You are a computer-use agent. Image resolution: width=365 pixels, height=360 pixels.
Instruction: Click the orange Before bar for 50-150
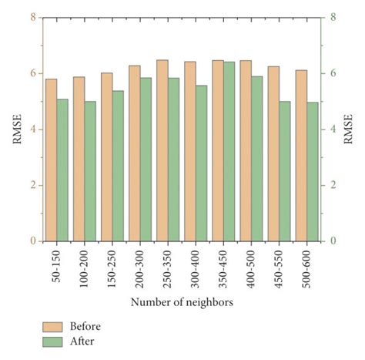point(51,160)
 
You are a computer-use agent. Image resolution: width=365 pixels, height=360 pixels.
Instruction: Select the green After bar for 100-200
point(90,171)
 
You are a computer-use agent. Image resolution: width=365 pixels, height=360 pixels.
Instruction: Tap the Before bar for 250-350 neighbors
point(162,150)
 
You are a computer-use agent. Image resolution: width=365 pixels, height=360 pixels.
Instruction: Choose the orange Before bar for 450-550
point(273,153)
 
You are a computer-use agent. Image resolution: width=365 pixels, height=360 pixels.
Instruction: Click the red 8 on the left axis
point(32,16)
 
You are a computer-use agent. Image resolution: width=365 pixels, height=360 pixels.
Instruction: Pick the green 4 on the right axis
point(333,129)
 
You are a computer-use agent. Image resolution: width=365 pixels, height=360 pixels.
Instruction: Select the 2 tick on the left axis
point(32,185)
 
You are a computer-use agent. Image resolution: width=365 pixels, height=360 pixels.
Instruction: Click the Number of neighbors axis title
point(182,301)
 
